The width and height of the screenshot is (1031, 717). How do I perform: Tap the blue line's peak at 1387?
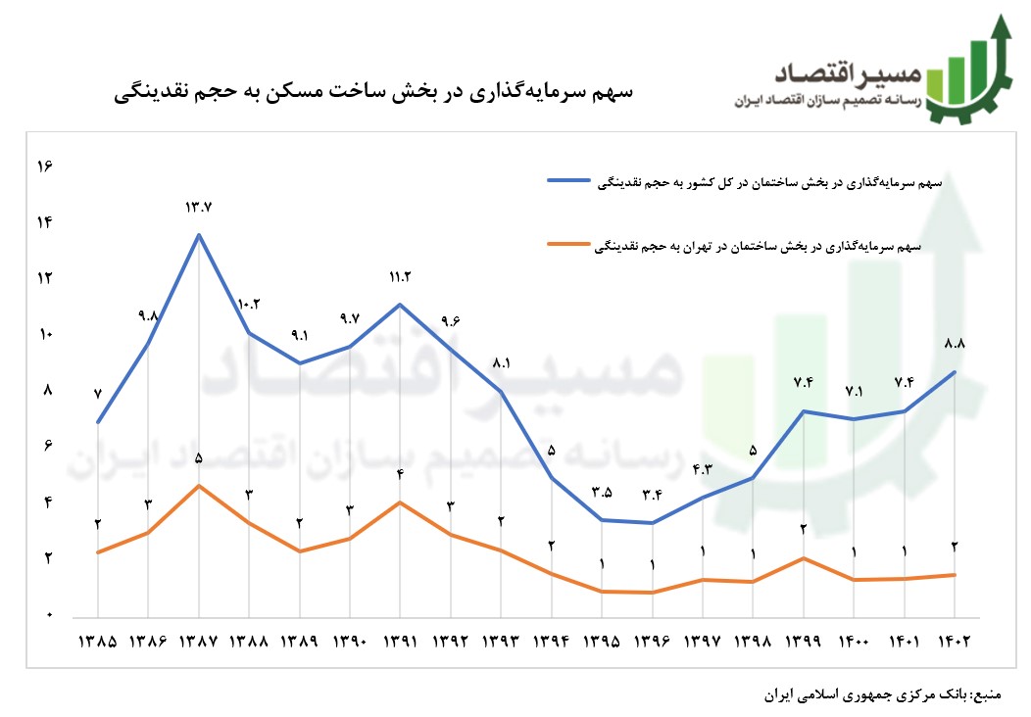coord(199,234)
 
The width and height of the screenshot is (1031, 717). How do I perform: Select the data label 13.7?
coord(199,207)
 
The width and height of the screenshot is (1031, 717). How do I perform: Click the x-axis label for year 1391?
coord(400,643)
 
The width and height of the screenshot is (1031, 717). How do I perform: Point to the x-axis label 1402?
coord(954,643)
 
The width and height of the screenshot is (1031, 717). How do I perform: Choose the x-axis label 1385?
coord(98,643)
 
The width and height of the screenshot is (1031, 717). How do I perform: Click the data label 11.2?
coord(400,277)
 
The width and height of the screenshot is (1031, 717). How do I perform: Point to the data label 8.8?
coord(954,344)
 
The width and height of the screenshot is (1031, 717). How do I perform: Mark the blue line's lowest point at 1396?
coord(652,523)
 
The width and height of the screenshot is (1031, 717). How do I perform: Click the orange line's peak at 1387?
coord(199,486)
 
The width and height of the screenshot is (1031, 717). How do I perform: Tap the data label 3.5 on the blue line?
coord(602,492)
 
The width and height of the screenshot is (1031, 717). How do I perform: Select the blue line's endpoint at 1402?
coord(954,371)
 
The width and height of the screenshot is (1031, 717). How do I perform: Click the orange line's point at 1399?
coord(804,558)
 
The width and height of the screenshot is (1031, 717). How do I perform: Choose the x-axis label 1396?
coord(652,643)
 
